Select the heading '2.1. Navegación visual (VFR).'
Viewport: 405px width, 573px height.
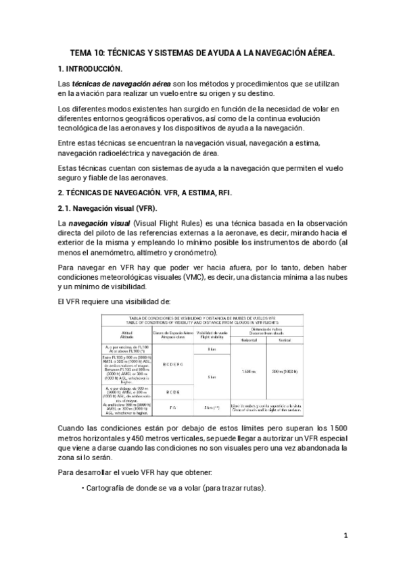(x=108, y=207)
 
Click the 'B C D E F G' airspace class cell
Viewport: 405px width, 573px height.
(x=174, y=364)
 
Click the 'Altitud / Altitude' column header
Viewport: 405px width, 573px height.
(x=129, y=333)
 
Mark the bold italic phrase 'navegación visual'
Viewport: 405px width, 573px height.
(x=99, y=224)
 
